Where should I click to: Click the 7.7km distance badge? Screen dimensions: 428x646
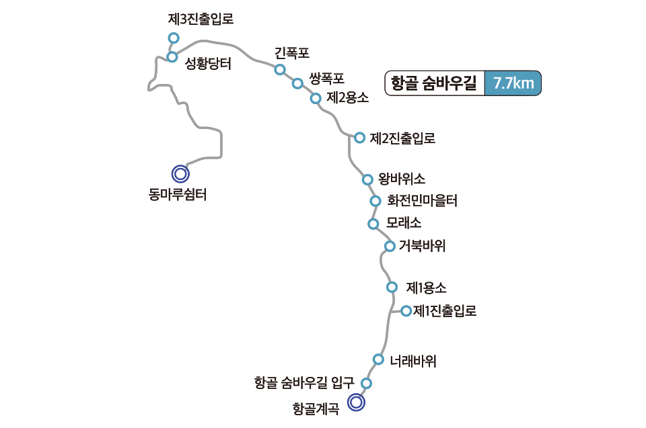(513, 84)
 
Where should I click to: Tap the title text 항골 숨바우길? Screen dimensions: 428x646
(434, 84)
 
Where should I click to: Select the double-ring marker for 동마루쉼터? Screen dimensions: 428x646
(180, 174)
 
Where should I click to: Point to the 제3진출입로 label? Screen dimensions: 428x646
(201, 19)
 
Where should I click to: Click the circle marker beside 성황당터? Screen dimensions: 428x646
(172, 56)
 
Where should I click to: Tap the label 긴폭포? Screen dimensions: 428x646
(292, 52)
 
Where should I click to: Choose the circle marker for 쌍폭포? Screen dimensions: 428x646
(297, 83)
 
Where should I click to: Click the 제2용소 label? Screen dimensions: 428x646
(347, 97)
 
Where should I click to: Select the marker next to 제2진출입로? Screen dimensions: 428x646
(359, 137)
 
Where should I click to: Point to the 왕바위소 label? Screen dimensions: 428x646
(402, 179)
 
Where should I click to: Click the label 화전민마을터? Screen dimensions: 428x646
(423, 200)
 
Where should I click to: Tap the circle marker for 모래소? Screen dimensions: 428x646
(373, 224)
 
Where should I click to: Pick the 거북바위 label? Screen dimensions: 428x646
(422, 246)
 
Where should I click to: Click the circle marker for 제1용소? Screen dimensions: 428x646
(392, 288)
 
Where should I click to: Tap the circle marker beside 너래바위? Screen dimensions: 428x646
(378, 359)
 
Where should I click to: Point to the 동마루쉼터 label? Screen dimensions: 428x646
(178, 196)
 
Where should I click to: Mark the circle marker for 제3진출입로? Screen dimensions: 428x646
(174, 38)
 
